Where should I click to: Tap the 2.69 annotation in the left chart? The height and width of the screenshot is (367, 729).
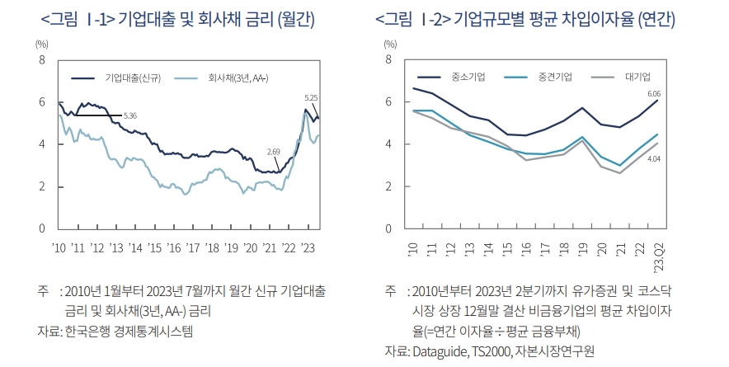275,152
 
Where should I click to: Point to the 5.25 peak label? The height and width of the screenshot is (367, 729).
311,97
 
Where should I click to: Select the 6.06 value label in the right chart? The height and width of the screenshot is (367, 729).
654,93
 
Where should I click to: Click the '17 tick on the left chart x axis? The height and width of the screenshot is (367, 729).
192,247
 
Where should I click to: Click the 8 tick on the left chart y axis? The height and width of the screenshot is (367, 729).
42,60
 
